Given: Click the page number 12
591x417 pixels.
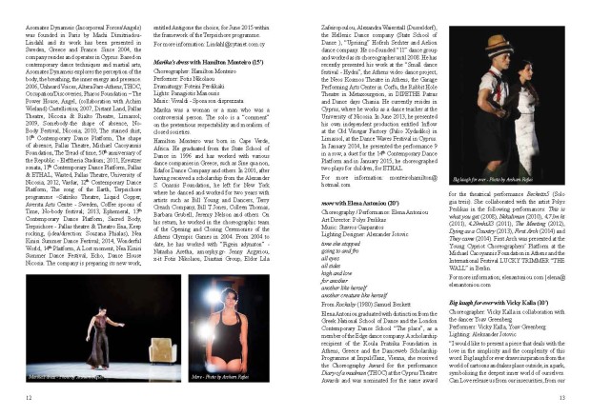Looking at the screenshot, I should tap(29, 397).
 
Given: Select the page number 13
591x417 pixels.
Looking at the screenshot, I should tap(562, 397).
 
